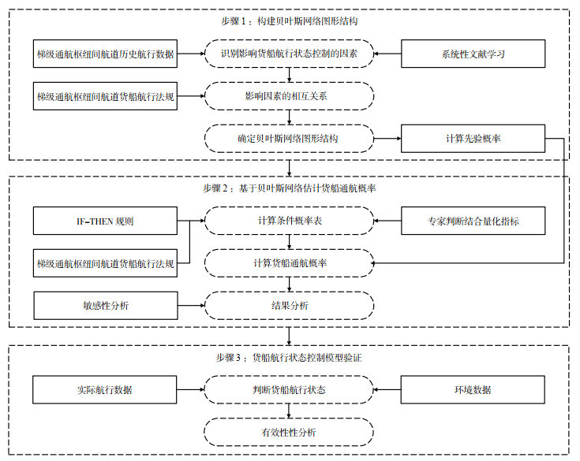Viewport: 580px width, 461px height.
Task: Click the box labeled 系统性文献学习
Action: click(473, 54)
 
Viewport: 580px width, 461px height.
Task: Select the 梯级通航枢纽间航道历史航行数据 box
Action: click(105, 54)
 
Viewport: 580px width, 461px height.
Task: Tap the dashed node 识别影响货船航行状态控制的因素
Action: click(289, 54)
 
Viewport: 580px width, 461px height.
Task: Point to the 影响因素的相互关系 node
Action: click(289, 96)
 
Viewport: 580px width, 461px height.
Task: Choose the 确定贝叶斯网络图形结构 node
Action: click(289, 139)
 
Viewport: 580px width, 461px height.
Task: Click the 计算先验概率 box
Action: click(473, 139)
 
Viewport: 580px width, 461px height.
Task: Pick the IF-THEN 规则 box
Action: click(105, 221)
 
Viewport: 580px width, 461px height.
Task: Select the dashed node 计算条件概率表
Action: click(289, 221)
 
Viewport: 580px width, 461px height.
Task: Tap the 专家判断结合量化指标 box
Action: click(473, 221)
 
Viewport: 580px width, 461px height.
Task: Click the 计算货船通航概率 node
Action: click(289, 263)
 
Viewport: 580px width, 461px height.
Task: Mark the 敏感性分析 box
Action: click(106, 306)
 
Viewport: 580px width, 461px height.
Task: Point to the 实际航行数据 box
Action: click(105, 390)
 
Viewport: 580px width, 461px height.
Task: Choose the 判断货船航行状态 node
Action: click(289, 390)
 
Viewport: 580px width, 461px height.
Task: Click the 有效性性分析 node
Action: click(289, 432)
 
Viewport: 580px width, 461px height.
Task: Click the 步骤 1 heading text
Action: click(290, 21)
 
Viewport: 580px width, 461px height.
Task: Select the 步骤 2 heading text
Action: click(290, 188)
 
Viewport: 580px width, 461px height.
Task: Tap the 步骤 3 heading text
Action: click(289, 358)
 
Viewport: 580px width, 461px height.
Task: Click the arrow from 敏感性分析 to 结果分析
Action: click(191, 306)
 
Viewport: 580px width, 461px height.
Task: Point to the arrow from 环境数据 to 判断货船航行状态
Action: click(387, 390)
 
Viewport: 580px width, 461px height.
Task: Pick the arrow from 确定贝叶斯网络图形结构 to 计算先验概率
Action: click(387, 139)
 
